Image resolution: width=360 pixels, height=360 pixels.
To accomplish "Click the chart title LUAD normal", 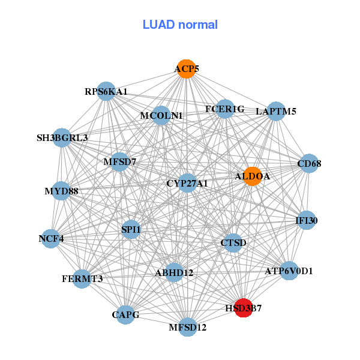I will tap(180, 25).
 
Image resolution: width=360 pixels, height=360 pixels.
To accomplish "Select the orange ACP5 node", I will tap(187, 69).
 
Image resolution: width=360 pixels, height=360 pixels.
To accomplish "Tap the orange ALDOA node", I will tap(253, 176).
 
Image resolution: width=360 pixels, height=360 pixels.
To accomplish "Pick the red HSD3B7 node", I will tap(244, 308).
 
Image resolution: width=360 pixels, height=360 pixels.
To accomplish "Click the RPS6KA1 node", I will tap(106, 92).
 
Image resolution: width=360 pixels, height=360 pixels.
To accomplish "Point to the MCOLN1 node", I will tap(161, 115).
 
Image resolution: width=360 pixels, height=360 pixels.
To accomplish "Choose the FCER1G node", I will tap(224, 109).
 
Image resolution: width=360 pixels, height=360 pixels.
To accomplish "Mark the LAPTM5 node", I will tap(275, 111).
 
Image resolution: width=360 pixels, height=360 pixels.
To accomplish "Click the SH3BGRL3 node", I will tap(62, 137).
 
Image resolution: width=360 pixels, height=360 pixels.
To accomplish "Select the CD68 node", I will tap(309, 163).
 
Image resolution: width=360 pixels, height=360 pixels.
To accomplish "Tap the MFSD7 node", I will tap(120, 161).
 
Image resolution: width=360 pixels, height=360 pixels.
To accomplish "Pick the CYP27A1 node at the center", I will tap(187, 183).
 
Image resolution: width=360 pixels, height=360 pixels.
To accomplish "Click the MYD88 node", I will tap(61, 191).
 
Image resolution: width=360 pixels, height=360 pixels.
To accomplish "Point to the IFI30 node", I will tap(306, 221).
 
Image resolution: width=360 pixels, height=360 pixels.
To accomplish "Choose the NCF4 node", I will tap(51, 238).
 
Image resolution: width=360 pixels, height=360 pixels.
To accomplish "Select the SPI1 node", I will tap(131, 229).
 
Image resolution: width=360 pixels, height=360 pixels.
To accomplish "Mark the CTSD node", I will tap(233, 242).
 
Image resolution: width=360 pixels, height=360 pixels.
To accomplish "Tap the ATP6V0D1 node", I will tap(289, 271).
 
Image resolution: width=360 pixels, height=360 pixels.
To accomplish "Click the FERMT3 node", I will tap(82, 278).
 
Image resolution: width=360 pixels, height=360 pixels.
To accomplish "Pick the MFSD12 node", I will tap(188, 327).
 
